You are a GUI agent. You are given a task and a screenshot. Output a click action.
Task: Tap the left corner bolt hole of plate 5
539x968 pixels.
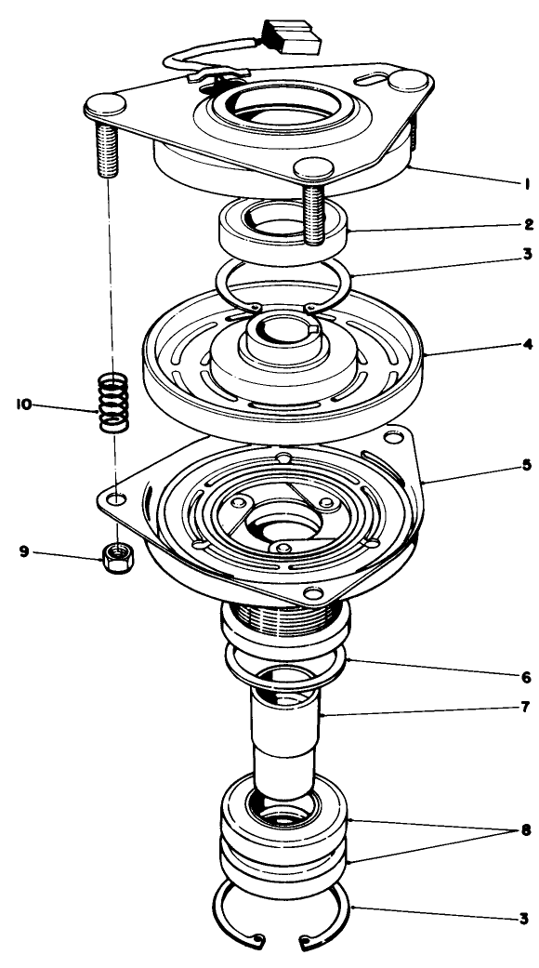pyautogui.click(x=114, y=499)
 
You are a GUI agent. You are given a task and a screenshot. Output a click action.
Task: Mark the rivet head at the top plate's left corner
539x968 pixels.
pyautogui.click(x=105, y=101)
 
